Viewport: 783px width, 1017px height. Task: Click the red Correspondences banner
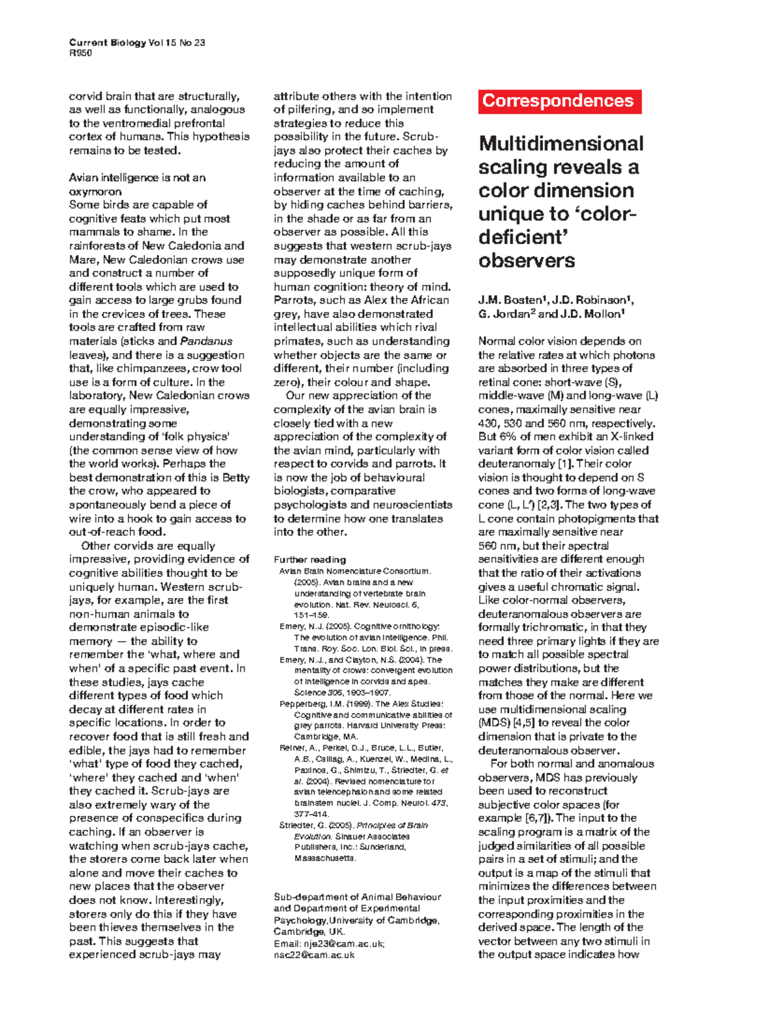[559, 101]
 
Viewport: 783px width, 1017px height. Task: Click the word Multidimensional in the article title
[560, 144]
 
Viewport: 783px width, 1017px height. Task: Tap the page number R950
[80, 53]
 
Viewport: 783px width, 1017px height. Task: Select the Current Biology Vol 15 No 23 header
[137, 42]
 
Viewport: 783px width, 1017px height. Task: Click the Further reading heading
[309, 559]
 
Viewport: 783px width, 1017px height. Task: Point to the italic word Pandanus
[206, 341]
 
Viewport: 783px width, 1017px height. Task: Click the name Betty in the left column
[236, 478]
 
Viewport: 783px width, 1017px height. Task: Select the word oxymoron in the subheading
[95, 192]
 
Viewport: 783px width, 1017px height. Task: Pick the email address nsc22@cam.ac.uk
[314, 955]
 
